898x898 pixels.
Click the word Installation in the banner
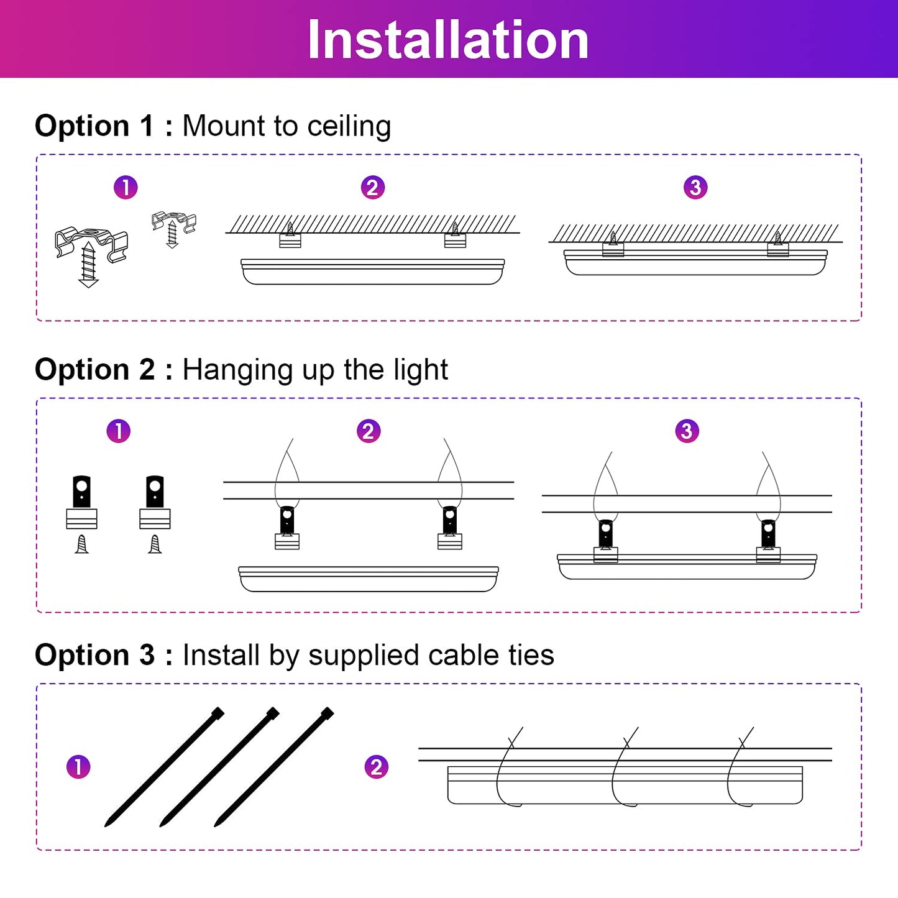click(448, 40)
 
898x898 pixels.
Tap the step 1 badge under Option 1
click(126, 187)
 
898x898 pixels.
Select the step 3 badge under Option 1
click(695, 187)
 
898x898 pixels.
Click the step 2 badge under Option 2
click(368, 431)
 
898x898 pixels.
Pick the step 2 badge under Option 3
click(376, 767)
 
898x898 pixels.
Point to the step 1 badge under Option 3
click(78, 767)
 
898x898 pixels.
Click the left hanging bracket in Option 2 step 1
click(81, 502)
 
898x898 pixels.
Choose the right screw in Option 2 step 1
click(155, 544)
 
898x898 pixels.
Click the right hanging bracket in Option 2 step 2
click(450, 528)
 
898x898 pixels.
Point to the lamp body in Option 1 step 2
click(372, 272)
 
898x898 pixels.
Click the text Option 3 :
click(104, 655)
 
